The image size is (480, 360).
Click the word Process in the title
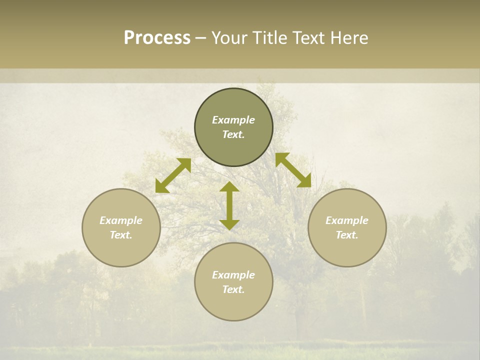tap(157, 38)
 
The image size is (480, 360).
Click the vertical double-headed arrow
tap(229, 205)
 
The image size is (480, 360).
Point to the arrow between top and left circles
tap(173, 175)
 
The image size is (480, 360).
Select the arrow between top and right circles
tap(293, 170)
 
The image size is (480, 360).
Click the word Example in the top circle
tap(233, 120)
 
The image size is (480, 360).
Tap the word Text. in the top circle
tap(233, 134)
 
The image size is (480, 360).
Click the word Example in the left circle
tap(121, 220)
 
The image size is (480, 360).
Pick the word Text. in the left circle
tap(121, 235)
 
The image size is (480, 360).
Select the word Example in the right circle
tap(347, 220)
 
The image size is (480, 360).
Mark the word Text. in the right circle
tap(347, 235)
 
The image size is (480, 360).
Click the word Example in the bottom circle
tap(233, 275)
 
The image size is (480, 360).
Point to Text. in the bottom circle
tap(233, 289)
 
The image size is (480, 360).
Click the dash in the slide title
tap(200, 38)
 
